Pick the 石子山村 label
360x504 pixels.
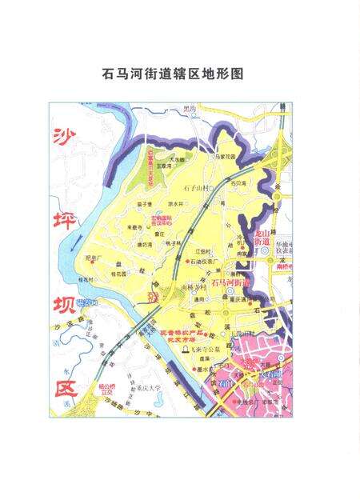[x=195, y=188]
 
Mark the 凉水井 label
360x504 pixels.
[x=164, y=205]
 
